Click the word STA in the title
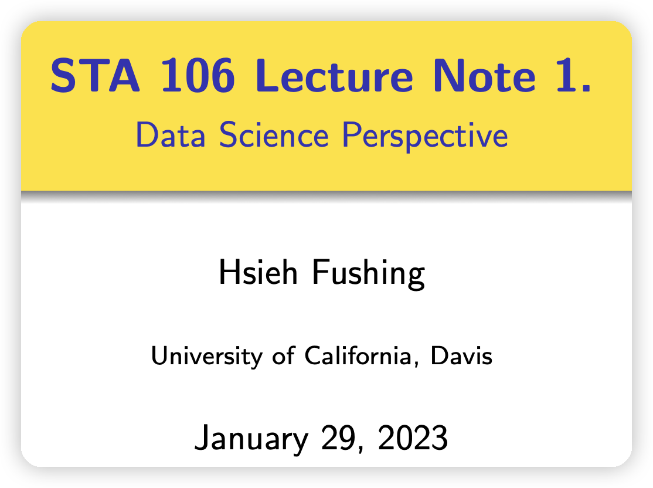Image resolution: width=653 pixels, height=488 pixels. (x=95, y=76)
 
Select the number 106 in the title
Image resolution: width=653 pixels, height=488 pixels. (x=198, y=76)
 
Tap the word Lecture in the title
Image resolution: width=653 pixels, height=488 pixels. (x=334, y=76)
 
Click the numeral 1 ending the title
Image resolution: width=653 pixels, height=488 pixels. (x=573, y=76)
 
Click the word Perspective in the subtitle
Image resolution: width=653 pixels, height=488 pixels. (x=425, y=136)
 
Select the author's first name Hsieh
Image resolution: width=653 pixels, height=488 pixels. (x=258, y=272)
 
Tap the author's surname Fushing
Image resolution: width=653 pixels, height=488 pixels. (x=369, y=273)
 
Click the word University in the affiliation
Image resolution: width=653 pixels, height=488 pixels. (x=206, y=356)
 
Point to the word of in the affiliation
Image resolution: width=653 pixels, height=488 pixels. (x=284, y=355)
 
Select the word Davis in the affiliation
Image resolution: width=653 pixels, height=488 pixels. (x=461, y=356)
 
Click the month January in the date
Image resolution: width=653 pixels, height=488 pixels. (x=251, y=438)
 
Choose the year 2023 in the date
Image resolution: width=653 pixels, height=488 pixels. (x=413, y=438)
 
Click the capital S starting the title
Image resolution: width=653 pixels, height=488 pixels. (x=64, y=76)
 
